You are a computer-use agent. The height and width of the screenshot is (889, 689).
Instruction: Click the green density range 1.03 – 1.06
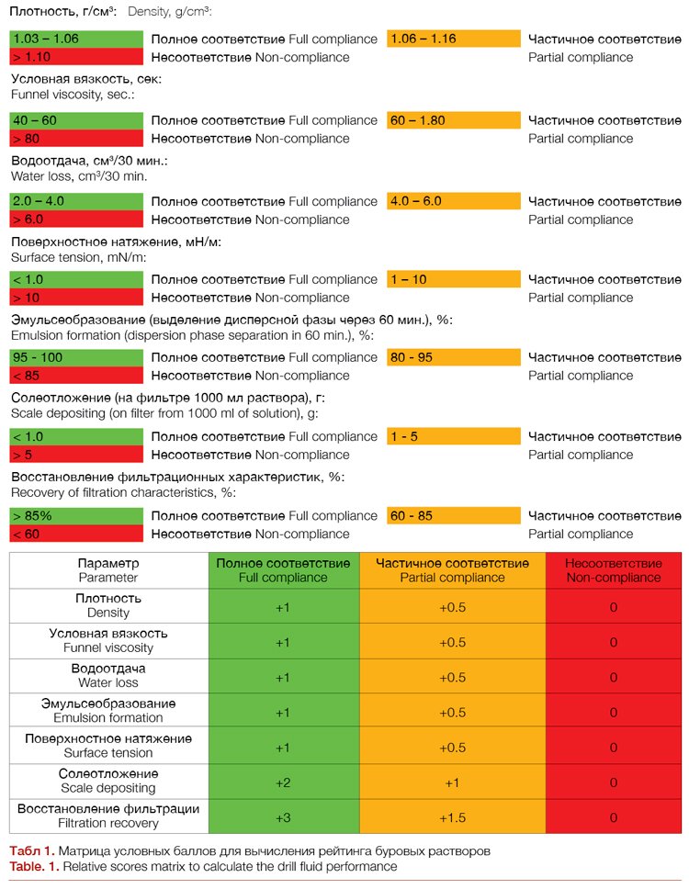77,39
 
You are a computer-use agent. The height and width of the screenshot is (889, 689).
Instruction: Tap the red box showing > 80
77,139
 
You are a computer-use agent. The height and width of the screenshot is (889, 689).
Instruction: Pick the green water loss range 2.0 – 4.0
77,201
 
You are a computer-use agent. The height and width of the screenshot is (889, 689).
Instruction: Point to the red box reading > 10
77,298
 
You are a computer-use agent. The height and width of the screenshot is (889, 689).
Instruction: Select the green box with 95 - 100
77,357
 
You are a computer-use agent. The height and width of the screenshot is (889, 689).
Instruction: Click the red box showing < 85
77,376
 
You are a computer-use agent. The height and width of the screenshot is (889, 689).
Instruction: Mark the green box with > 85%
77,516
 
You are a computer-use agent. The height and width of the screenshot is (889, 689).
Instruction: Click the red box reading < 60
77,535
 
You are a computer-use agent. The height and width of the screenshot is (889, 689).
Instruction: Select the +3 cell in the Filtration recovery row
284,817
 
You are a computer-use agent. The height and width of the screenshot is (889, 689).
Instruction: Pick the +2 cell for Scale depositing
284,782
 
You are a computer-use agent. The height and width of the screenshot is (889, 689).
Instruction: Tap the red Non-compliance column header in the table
613,570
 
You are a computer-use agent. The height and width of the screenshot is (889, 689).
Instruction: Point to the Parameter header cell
108,570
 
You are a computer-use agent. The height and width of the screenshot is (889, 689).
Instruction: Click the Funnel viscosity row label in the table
108,641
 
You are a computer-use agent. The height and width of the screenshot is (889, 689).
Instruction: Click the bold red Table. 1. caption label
34,867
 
